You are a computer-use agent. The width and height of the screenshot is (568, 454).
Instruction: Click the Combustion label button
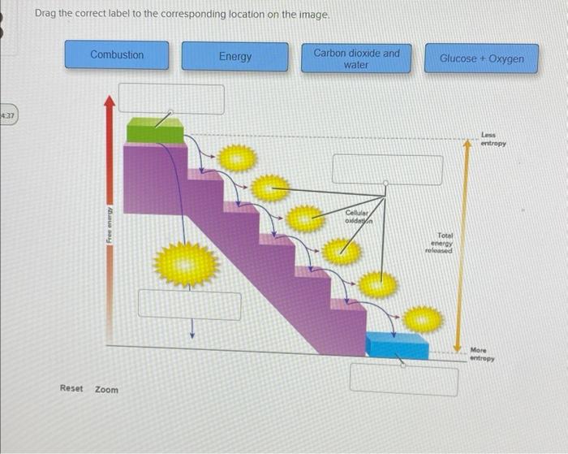pyautogui.click(x=117, y=55)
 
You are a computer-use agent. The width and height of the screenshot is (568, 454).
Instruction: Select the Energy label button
pyautogui.click(x=235, y=57)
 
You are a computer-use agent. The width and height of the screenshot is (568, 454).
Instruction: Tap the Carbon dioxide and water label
pyautogui.click(x=356, y=58)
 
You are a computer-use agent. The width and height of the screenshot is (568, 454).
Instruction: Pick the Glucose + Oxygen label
pyautogui.click(x=481, y=58)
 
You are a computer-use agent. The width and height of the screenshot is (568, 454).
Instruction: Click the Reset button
pyautogui.click(x=71, y=388)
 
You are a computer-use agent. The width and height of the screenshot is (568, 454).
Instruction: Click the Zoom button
pyautogui.click(x=106, y=389)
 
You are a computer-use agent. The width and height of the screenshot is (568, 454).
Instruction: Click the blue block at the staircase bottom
pyautogui.click(x=397, y=345)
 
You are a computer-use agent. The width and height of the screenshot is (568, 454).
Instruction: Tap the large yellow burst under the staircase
pyautogui.click(x=187, y=264)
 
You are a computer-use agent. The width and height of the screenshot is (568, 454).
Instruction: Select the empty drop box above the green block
pyautogui.click(x=170, y=98)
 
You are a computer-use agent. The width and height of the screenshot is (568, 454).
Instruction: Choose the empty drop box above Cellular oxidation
pyautogui.click(x=387, y=169)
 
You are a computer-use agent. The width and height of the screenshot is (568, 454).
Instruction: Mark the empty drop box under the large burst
pyautogui.click(x=189, y=305)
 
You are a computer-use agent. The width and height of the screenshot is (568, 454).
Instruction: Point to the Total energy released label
pyautogui.click(x=441, y=242)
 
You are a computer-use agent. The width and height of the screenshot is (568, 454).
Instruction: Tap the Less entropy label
pyautogui.click(x=493, y=139)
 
